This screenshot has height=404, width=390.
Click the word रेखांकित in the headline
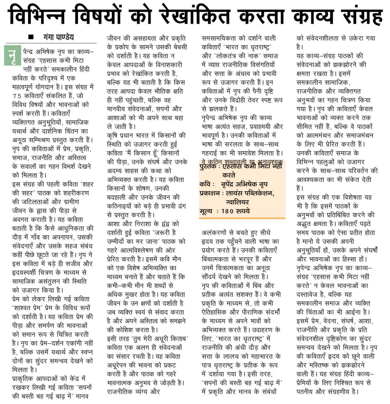[195, 16]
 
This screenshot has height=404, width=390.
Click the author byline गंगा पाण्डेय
[58, 37]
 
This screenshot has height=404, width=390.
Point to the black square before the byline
[31, 37]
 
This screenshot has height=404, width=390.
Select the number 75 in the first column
[17, 96]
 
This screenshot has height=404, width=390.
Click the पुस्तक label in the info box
[208, 167]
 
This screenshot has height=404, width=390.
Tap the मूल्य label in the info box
[206, 211]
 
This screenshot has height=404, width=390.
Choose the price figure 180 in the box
[227, 211]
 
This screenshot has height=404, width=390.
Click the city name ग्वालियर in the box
[237, 202]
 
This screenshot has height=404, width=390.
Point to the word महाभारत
[266, 356]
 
